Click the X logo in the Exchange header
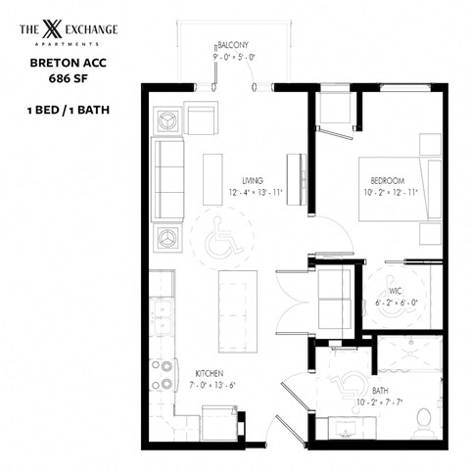[x=54, y=30]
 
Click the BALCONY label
[x=233, y=45]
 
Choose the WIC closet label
[x=394, y=290]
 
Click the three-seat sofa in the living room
[x=168, y=177]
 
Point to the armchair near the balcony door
[x=204, y=121]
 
